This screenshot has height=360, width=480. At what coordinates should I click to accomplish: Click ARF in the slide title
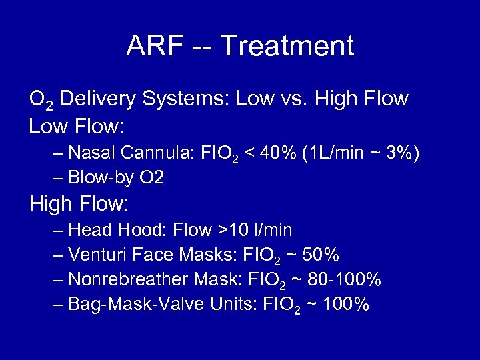150,46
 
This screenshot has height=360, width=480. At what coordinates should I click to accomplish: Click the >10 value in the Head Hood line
231,230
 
